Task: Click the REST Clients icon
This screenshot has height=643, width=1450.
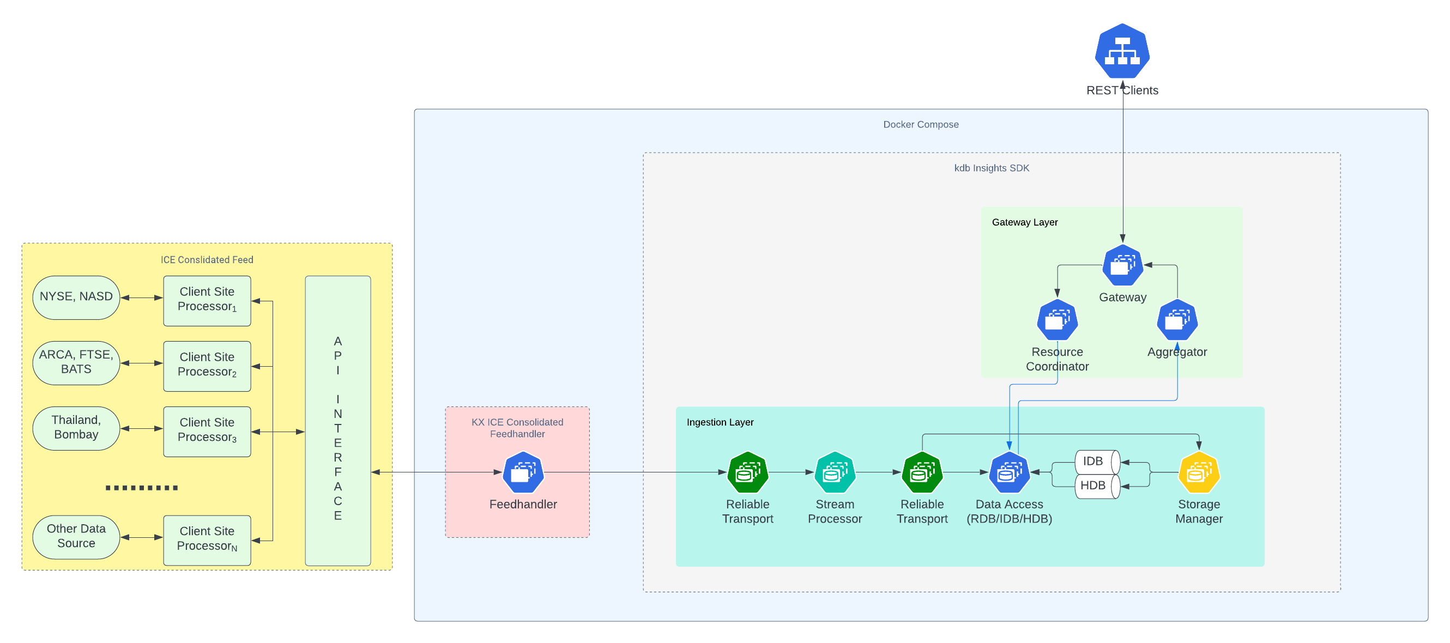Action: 1122,52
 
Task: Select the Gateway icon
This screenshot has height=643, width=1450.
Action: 1122,265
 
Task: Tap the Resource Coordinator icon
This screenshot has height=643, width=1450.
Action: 1057,320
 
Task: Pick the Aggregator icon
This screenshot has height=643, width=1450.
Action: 1177,320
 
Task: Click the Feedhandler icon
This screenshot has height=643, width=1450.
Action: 523,472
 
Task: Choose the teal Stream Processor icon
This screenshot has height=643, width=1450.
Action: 835,472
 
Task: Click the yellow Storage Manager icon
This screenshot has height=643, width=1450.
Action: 1199,472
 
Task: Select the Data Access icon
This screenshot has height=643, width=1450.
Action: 1009,472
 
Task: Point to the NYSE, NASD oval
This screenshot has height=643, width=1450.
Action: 76,297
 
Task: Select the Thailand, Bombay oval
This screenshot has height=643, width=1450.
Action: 76,428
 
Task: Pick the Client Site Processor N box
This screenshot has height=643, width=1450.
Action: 207,539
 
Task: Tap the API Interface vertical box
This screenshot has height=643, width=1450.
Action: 338,420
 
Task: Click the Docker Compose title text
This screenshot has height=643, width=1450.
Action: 920,124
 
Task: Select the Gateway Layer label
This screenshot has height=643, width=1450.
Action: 1024,222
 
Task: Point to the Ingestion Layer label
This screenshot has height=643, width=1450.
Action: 720,422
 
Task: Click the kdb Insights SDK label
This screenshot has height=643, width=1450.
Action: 991,168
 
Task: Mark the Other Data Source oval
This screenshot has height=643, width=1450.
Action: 76,536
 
